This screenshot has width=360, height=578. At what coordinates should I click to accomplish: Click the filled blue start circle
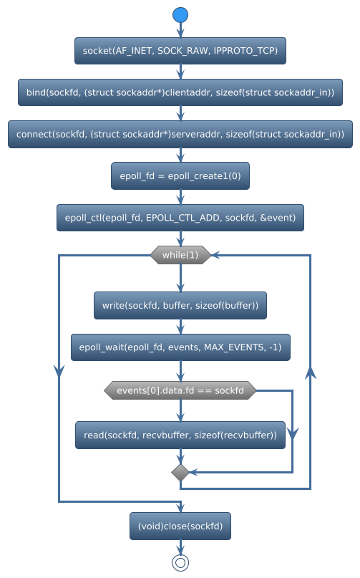point(180,15)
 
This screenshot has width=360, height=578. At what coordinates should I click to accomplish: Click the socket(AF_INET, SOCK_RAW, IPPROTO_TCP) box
point(180,51)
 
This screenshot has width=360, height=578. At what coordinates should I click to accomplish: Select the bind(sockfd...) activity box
point(180,92)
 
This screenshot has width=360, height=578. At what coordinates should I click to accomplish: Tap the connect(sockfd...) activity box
point(180,134)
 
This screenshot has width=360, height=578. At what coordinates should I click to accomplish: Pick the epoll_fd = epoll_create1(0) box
point(180,175)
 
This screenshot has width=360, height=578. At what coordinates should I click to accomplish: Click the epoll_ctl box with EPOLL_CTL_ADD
point(180,217)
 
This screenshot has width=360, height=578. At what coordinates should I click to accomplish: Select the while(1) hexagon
point(180,255)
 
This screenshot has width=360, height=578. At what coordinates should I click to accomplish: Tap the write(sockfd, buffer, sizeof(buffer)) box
point(180,305)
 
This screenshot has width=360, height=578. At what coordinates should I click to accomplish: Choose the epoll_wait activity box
point(180,347)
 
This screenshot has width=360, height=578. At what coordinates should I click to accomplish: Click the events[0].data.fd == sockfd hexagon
point(180,390)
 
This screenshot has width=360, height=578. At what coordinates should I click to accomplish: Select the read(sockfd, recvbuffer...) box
point(180,435)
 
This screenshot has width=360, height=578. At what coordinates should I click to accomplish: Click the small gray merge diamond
point(180,472)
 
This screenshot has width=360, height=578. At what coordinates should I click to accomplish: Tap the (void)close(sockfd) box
point(180,526)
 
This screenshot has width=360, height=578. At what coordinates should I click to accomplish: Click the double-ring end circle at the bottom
point(180,562)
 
